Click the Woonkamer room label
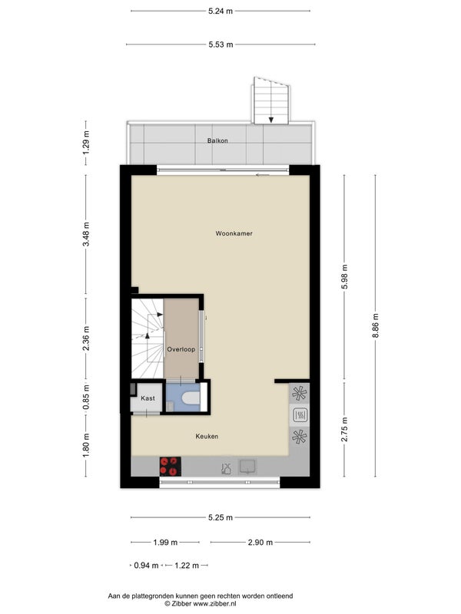(234, 233)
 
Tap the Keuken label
(207, 436)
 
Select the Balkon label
(217, 140)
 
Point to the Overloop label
(181, 349)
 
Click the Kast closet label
(148, 398)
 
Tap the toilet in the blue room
(191, 398)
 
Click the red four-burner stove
(170, 467)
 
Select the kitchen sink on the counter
(247, 467)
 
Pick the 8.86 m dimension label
(375, 325)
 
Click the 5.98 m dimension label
(344, 276)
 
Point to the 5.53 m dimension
(221, 45)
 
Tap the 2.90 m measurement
(260, 543)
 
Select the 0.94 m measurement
(146, 566)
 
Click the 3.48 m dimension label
(86, 234)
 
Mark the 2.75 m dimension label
(344, 429)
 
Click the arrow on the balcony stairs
(271, 120)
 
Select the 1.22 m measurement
(187, 566)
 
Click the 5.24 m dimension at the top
(221, 11)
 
